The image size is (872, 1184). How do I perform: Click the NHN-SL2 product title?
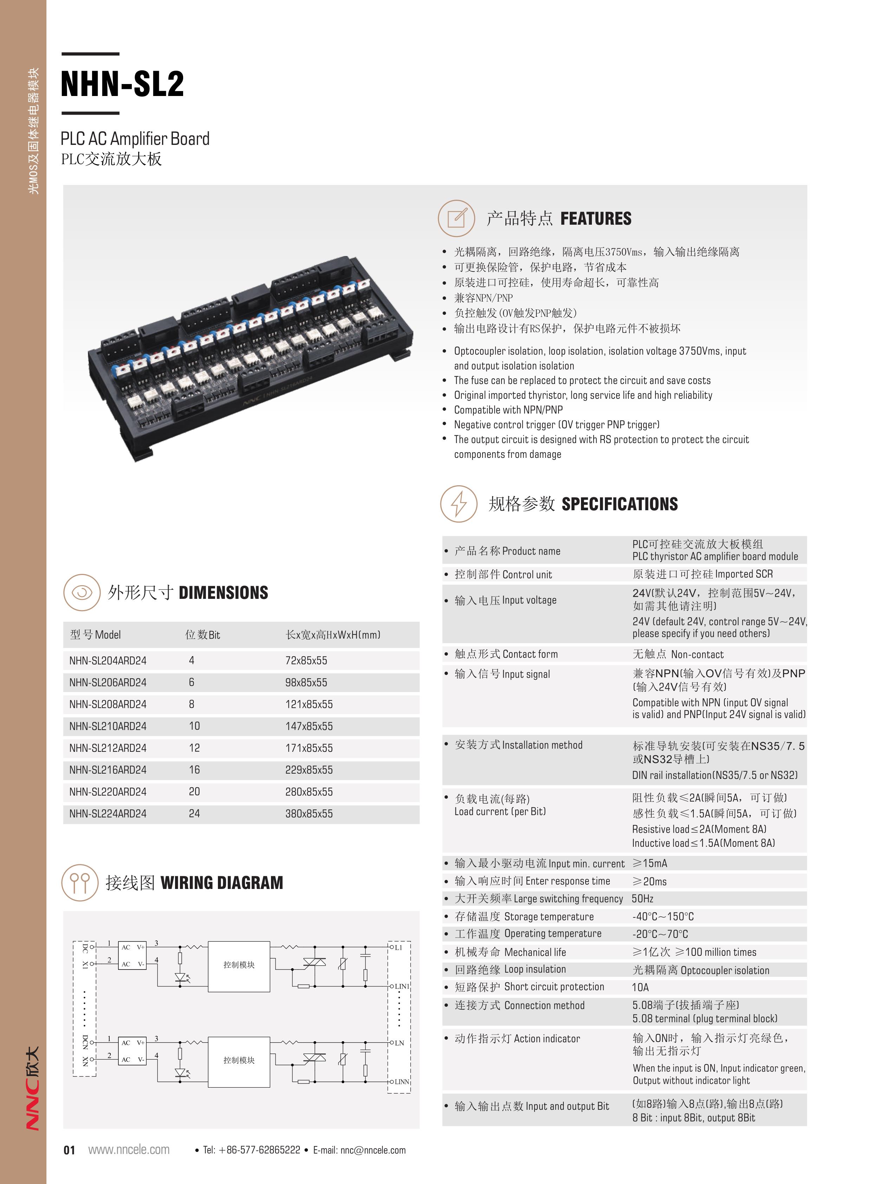[x=122, y=83]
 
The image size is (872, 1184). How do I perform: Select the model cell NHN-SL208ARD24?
[x=108, y=704]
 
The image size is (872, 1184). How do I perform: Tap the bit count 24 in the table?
[x=194, y=813]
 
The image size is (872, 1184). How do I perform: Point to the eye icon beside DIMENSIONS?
[x=82, y=593]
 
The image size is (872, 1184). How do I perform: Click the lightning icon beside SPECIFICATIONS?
[x=459, y=504]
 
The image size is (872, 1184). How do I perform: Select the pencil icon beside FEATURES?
[x=457, y=218]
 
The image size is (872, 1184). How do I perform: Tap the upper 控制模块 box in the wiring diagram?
[x=239, y=965]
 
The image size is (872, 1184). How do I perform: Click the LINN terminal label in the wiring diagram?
[x=402, y=1082]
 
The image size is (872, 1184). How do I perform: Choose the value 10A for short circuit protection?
[x=640, y=987]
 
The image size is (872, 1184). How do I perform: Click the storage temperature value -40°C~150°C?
[x=663, y=916]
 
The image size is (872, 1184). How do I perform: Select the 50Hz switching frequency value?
[x=642, y=898]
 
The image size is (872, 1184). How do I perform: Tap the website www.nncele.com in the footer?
[x=129, y=1150]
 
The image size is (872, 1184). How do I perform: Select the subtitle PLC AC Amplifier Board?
[x=135, y=139]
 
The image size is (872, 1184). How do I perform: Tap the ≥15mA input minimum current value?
[x=650, y=863]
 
